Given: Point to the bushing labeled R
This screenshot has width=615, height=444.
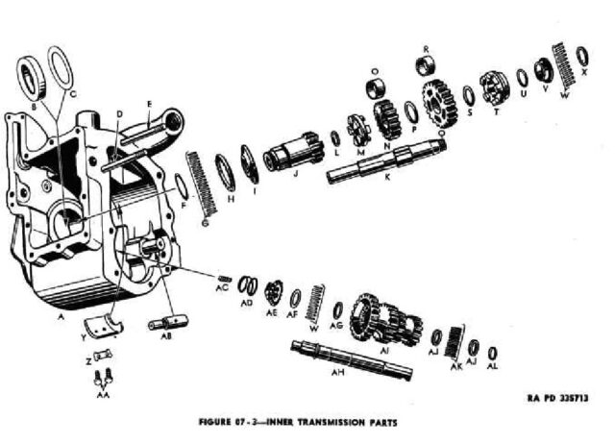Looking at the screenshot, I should point(425,65).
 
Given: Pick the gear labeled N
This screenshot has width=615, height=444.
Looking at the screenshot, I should point(389,117).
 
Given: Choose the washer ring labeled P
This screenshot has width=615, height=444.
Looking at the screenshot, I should point(411,111).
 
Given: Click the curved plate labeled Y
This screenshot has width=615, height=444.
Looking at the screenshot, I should point(103,326).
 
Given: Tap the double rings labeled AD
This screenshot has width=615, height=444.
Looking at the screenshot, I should point(248,286).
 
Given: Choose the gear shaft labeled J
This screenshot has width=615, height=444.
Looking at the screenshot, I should point(289,153).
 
